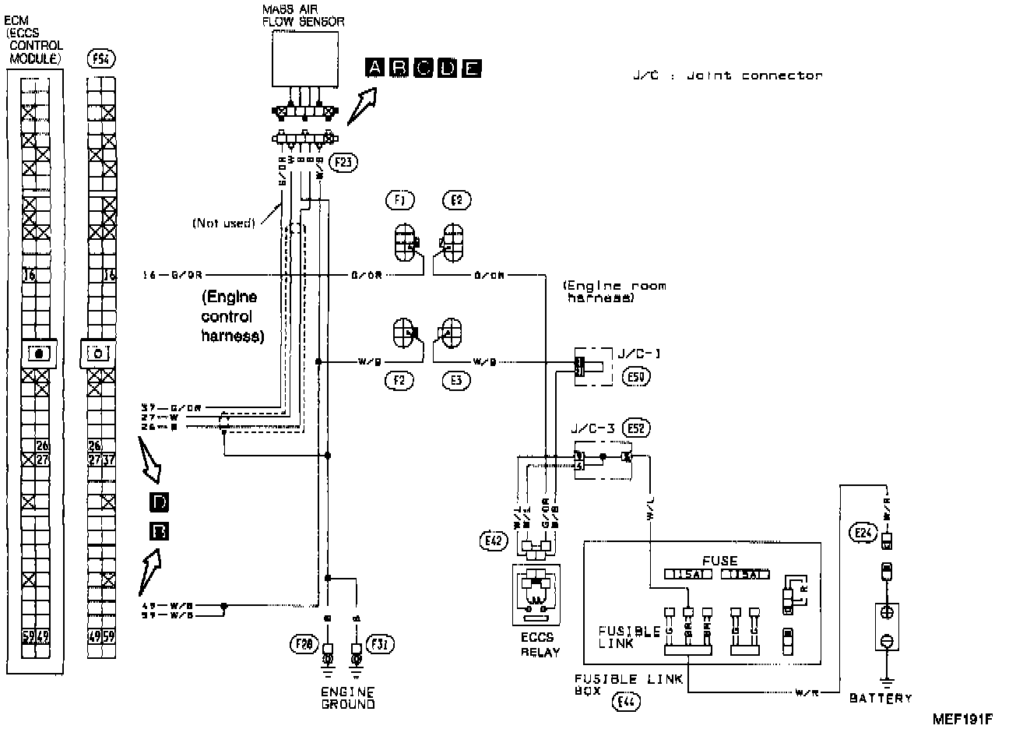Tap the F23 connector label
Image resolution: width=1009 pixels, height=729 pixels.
(x=340, y=162)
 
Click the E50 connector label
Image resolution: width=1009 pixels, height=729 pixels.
(x=638, y=378)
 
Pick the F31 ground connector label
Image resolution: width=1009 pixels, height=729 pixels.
(x=382, y=644)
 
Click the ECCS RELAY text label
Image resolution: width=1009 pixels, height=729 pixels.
(x=539, y=644)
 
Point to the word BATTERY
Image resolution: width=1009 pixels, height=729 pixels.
(x=880, y=698)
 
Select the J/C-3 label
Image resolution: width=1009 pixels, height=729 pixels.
(x=592, y=428)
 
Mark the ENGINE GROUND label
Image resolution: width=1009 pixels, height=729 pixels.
(x=347, y=698)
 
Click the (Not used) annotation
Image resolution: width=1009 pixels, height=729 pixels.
(x=223, y=224)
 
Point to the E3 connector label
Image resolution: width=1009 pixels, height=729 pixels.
(x=456, y=380)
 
